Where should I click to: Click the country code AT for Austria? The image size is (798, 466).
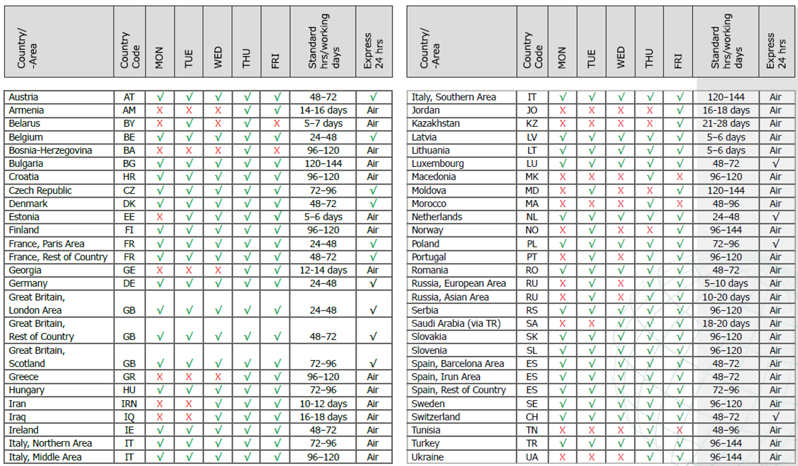point(129,98)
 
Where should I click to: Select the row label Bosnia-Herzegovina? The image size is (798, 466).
point(50,150)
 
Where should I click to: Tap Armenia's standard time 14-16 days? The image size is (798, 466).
point(323,111)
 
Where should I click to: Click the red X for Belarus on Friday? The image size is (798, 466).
point(276,124)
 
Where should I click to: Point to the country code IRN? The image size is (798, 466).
point(129,404)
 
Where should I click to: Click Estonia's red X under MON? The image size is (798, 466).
point(160,217)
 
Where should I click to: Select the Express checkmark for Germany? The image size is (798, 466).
point(374,284)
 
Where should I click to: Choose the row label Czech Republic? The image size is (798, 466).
point(40,190)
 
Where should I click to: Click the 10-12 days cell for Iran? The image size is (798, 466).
point(323,404)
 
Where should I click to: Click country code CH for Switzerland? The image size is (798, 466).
point(532,418)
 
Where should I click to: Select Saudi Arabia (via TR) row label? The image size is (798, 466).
point(455,324)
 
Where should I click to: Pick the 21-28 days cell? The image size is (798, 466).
point(725,124)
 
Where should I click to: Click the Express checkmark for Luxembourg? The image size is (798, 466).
point(776,164)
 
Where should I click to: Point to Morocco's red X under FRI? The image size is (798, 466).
point(679,204)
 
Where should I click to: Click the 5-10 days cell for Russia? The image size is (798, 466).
point(725,284)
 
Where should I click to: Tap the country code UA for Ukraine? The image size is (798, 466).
point(532,458)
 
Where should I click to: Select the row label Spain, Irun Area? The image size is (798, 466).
point(446,377)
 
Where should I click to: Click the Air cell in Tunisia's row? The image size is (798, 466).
point(776,431)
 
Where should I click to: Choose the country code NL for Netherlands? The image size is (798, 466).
point(532,217)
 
